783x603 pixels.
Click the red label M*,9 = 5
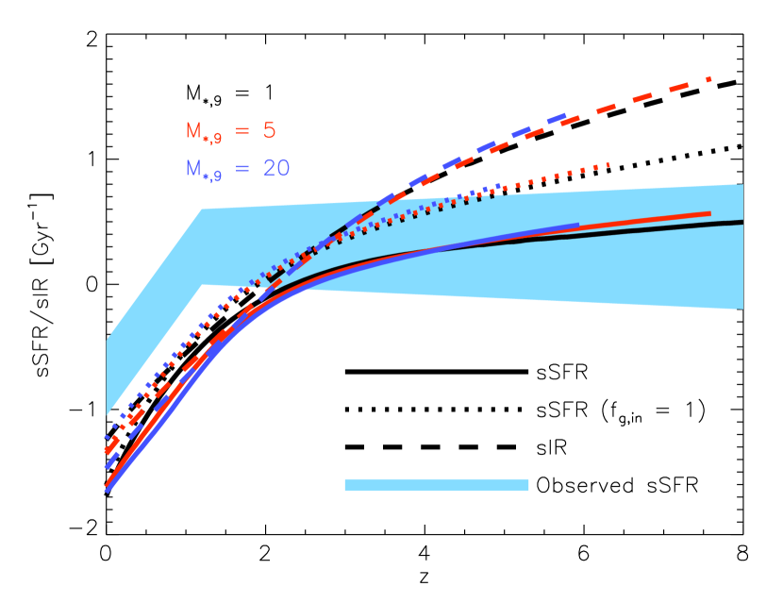click(230, 131)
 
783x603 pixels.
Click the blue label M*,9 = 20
click(237, 169)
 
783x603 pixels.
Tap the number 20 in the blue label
click(275, 168)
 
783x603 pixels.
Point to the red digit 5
click(269, 130)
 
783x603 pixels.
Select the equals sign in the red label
click(242, 131)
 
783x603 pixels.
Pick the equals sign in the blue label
click(242, 169)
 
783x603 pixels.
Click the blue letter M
click(194, 168)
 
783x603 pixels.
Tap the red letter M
click(194, 130)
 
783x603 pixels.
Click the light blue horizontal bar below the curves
click(436, 484)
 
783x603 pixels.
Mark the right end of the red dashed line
click(708, 79)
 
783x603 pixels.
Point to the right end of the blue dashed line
click(563, 116)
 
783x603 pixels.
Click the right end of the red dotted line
click(608, 164)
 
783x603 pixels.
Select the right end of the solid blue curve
click(577, 226)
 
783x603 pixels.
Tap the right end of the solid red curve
click(708, 213)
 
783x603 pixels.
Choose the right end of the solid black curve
click(742, 222)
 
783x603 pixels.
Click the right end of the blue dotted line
click(499, 185)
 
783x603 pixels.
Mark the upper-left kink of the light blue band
click(202, 209)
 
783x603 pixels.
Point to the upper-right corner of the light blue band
click(742, 185)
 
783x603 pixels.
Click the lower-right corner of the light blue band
click(742, 308)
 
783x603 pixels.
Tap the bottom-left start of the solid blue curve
click(107, 490)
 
